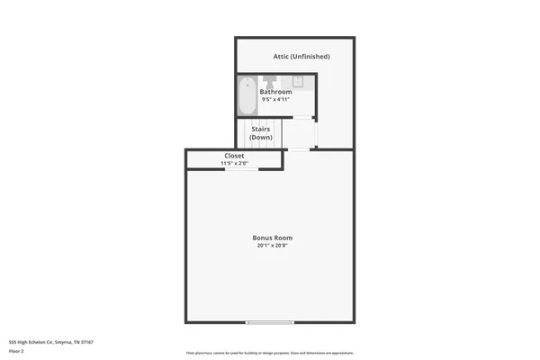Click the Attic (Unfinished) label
pyautogui.click(x=301, y=57)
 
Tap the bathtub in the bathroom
pyautogui.click(x=247, y=94)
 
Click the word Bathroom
pyautogui.click(x=275, y=92)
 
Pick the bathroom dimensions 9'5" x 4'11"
pyautogui.click(x=275, y=100)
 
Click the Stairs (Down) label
pyautogui.click(x=260, y=133)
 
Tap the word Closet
pyautogui.click(x=233, y=156)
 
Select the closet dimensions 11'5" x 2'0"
pyautogui.click(x=233, y=163)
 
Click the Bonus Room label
pyautogui.click(x=272, y=238)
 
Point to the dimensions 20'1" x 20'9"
pyautogui.click(x=272, y=246)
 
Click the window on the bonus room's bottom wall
pyautogui.click(x=270, y=322)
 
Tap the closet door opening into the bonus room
pyautogui.click(x=239, y=168)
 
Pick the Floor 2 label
pyautogui.click(x=17, y=352)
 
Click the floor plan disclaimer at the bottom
pyautogui.click(x=270, y=352)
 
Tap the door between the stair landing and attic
pyautogui.click(x=316, y=134)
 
